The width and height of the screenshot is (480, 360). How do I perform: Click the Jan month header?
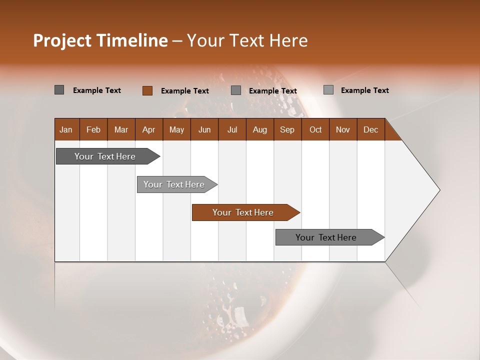click(66, 129)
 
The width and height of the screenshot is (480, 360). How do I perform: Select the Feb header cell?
click(93, 129)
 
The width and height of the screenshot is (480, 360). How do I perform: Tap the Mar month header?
click(121, 129)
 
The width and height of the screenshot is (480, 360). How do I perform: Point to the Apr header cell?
click(149, 129)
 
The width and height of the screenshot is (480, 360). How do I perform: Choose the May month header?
click(176, 129)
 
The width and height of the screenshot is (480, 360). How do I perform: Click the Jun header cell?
click(204, 129)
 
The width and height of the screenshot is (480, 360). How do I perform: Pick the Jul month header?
click(232, 129)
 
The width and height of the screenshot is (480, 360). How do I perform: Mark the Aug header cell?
click(260, 129)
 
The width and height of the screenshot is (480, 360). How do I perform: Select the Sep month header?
click(287, 129)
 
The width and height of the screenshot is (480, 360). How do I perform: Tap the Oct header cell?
click(315, 129)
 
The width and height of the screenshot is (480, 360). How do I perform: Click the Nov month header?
click(343, 129)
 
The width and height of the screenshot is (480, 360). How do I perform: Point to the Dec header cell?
click(371, 129)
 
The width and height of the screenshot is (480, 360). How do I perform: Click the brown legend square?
click(147, 90)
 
